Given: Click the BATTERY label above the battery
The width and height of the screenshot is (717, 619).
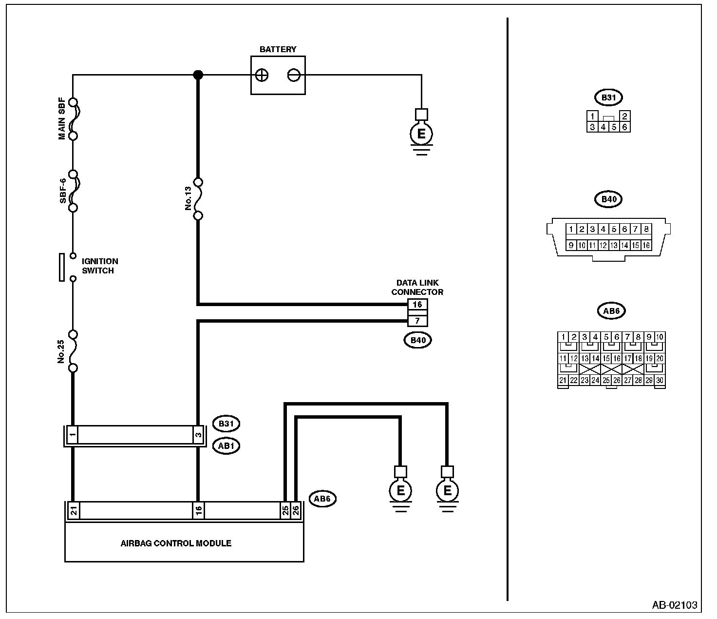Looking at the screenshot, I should (278, 49).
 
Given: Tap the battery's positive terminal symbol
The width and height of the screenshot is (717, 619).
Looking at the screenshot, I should (262, 75).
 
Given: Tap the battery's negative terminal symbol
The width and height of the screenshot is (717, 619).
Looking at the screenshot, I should (293, 75).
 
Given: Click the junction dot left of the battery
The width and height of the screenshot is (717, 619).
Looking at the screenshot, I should (198, 75).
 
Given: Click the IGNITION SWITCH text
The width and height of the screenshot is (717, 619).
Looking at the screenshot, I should (99, 266).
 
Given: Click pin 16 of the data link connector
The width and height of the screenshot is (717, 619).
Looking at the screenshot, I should (417, 305).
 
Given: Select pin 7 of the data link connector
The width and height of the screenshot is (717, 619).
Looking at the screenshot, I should (417, 321).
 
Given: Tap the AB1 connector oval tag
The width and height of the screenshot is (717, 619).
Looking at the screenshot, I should (226, 445).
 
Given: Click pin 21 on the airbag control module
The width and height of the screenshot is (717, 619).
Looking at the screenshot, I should (73, 511).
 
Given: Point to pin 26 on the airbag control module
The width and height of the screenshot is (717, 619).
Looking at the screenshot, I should (296, 511).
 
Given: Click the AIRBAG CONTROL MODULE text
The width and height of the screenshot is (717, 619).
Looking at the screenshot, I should (176, 543).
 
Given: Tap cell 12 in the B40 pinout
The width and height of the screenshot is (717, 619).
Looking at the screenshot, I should (603, 246).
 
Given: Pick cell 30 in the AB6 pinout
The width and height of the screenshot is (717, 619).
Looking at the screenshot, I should (660, 381).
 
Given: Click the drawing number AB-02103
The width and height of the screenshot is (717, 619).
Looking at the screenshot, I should (674, 605).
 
